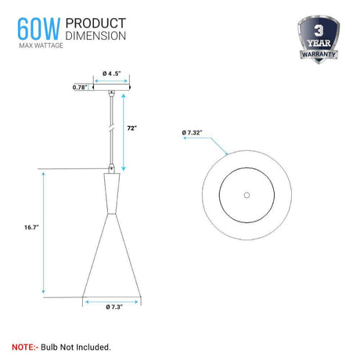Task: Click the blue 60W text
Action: (x=38, y=29)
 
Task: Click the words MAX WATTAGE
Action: (x=41, y=45)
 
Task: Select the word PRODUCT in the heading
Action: (x=95, y=23)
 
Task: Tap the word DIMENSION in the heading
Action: (x=95, y=36)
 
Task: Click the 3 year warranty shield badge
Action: (x=319, y=39)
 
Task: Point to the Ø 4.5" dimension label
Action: (x=112, y=74)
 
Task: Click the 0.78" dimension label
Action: (x=80, y=87)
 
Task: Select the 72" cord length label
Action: (x=132, y=128)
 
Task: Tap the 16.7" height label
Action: (x=31, y=227)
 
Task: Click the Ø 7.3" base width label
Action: (x=114, y=307)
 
